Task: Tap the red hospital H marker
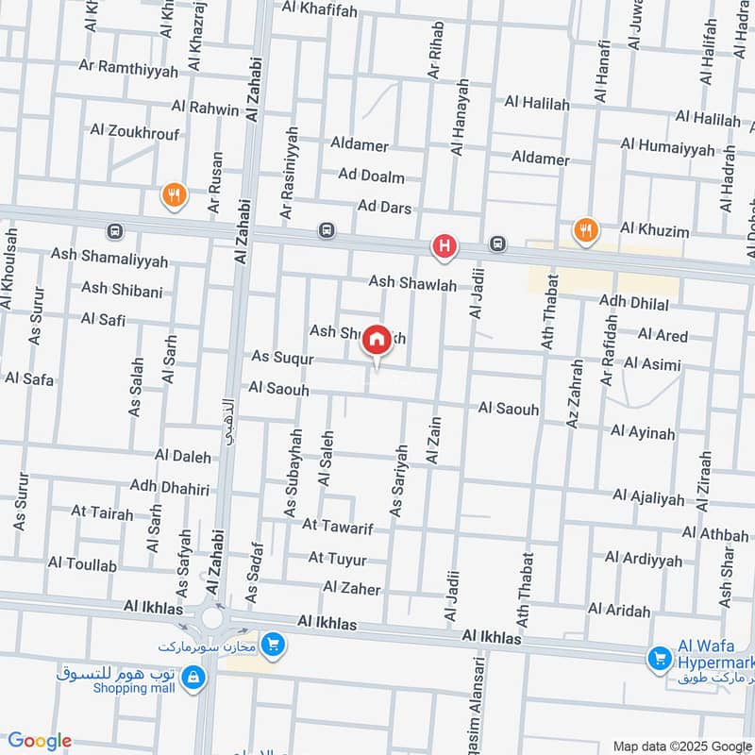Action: tap(444, 248)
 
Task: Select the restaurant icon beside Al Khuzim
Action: tap(585, 229)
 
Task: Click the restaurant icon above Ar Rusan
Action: tap(174, 196)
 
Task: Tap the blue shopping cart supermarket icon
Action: tap(274, 646)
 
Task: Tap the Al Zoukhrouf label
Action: tap(134, 132)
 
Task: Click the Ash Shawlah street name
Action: tap(412, 283)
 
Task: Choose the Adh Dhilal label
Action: tap(634, 304)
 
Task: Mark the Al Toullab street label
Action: tap(82, 564)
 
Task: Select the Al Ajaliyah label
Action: tap(648, 496)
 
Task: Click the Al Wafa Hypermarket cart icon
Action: tap(660, 659)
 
